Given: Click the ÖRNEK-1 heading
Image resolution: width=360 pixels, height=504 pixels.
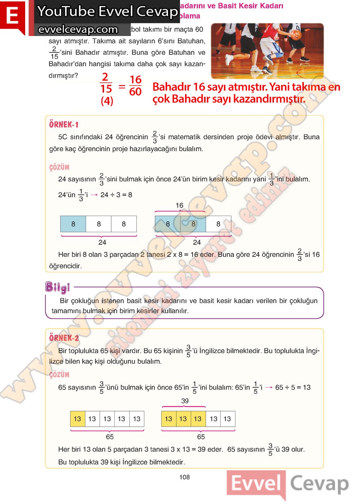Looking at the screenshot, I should tap(64, 125).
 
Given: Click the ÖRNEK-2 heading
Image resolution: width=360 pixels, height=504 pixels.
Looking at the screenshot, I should tap(64, 338).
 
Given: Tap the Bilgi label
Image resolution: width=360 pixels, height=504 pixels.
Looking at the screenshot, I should tap(57, 287).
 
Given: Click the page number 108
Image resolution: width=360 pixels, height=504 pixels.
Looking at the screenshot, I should tap(184, 477).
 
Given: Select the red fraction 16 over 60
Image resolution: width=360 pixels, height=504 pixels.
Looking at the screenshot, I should tap(135, 86).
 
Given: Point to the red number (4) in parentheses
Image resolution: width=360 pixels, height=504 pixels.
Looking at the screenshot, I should tap(107, 101).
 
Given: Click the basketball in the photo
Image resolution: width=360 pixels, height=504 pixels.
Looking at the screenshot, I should tap(296, 35).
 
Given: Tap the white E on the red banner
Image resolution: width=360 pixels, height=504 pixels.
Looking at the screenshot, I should tap(12, 16).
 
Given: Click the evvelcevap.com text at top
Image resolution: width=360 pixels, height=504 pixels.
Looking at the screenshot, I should tap(78, 29).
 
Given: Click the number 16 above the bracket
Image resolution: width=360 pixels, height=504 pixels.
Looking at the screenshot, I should tap(179, 205).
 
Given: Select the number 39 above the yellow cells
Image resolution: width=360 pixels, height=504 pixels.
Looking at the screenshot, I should tap(185, 401).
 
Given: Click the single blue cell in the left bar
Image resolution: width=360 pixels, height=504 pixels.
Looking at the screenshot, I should tap(73, 224).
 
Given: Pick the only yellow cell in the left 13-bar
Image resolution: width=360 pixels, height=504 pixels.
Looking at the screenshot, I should tap(77, 419).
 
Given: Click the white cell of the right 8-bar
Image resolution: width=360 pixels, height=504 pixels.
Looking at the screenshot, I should tap(218, 224).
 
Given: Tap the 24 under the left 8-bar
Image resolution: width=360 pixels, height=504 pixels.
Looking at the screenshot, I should tap(102, 242).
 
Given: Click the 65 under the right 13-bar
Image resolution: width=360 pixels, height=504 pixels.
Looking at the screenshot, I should tap(201, 437).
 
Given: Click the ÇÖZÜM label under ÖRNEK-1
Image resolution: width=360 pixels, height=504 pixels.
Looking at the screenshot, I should tap(59, 167).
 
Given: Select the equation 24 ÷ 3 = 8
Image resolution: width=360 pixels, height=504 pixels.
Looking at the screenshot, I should tap(116, 195).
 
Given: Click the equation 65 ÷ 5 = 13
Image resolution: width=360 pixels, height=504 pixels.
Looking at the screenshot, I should tap(293, 387).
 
